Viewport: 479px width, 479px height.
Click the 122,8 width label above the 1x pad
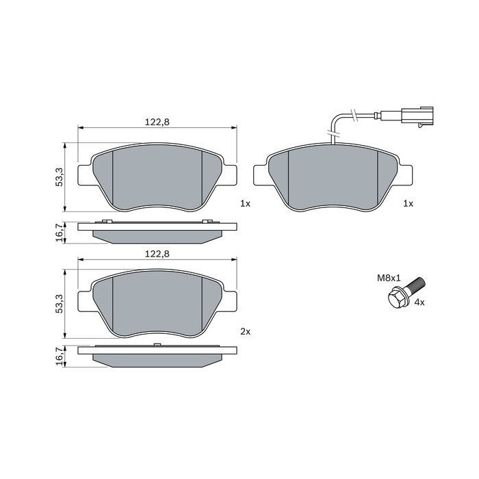[157, 121]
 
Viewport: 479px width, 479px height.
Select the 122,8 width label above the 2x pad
[157, 253]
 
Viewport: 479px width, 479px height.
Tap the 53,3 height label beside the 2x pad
[60, 304]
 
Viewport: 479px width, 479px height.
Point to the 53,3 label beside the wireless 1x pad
[60, 177]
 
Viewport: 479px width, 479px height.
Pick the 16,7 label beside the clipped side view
[60, 231]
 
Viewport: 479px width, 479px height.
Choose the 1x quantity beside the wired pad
[409, 204]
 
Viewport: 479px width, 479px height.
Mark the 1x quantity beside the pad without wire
[246, 204]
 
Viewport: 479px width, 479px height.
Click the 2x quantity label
[246, 331]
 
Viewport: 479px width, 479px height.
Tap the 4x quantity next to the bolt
[417, 302]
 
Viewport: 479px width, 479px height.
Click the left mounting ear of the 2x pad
[83, 302]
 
